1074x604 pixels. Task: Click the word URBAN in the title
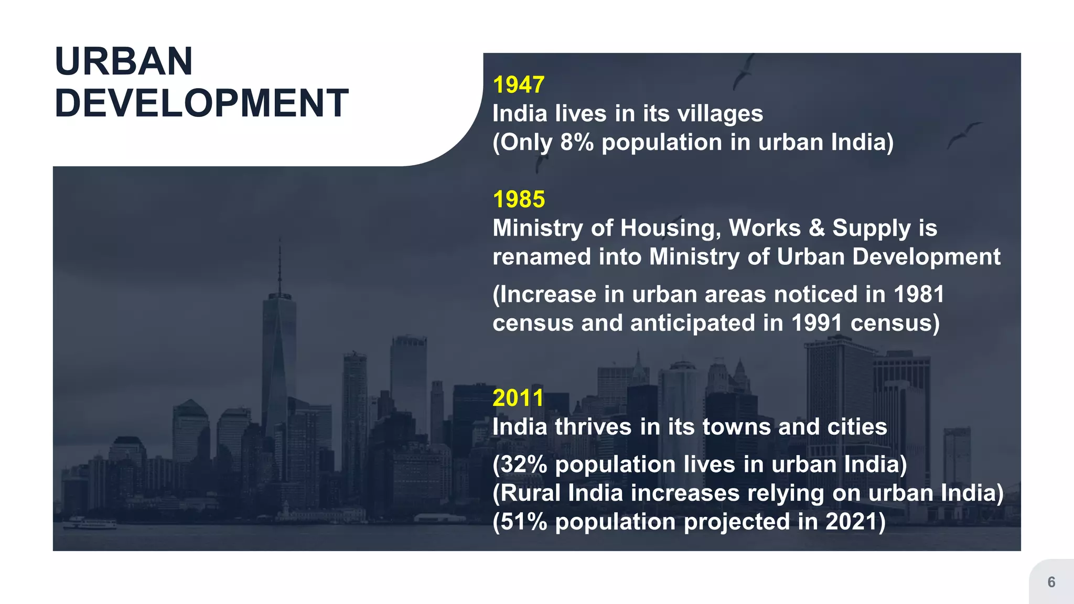pyautogui.click(x=124, y=61)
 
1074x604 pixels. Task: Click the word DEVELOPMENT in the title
pyautogui.click(x=201, y=103)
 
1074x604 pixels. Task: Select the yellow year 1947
pyautogui.click(x=519, y=85)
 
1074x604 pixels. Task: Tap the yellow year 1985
pyautogui.click(x=519, y=199)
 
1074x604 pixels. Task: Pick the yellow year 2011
pyautogui.click(x=518, y=398)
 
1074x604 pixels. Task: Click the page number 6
pyautogui.click(x=1051, y=582)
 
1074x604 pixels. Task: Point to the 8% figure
pyautogui.click(x=577, y=142)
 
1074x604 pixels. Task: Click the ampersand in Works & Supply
pyautogui.click(x=817, y=228)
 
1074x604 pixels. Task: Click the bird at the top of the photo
pyautogui.click(x=743, y=71)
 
